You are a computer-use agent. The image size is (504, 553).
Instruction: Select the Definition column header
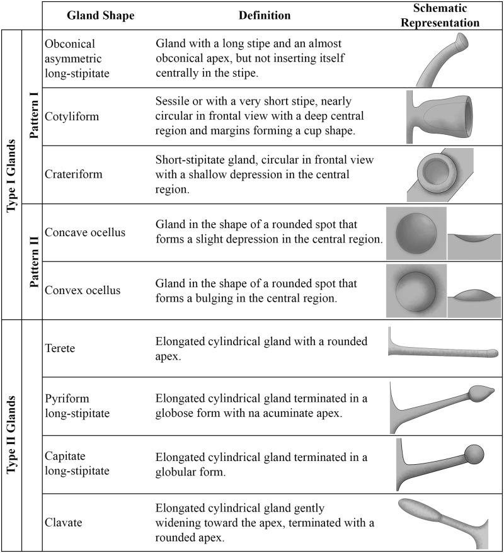(265, 15)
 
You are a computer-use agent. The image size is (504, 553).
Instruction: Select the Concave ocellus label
(85, 232)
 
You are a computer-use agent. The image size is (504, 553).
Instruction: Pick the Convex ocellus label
(83, 290)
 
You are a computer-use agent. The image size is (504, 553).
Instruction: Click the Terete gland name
(60, 348)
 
